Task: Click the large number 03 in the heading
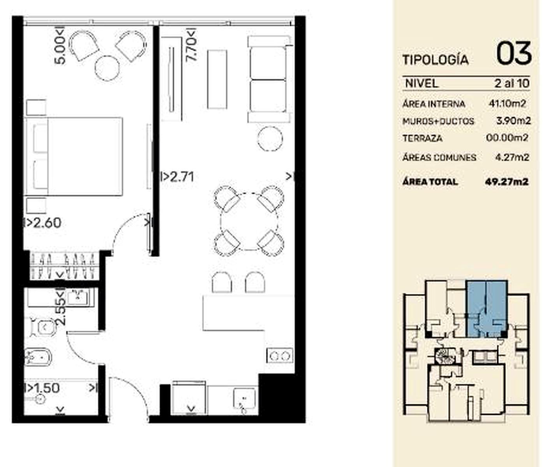pyautogui.click(x=514, y=53)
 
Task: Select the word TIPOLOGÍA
pyautogui.click(x=436, y=60)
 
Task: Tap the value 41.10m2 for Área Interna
pyautogui.click(x=507, y=104)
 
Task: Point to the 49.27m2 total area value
pyautogui.click(x=506, y=182)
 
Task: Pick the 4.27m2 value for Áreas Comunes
pyautogui.click(x=512, y=158)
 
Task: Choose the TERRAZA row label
pyautogui.click(x=422, y=139)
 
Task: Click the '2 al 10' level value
pyautogui.click(x=512, y=84)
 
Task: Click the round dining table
pyautogui.click(x=249, y=221)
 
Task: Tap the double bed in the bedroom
pyautogui.click(x=73, y=156)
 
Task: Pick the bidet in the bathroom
pyautogui.click(x=38, y=357)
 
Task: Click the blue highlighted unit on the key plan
pyautogui.click(x=487, y=309)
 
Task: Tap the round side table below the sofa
pyautogui.click(x=270, y=139)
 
